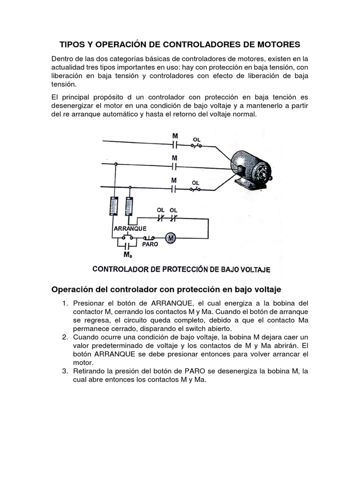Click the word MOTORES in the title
coord(277,45)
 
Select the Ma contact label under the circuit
coord(127,255)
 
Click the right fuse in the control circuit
coord(130,205)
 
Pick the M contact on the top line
coord(174,145)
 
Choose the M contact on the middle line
coord(174,166)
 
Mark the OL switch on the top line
coord(195,146)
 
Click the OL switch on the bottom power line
coord(195,189)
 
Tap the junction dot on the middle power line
coord(115,165)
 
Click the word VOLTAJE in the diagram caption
coord(251,270)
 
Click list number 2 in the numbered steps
coord(65,337)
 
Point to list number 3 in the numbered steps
coord(65,371)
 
